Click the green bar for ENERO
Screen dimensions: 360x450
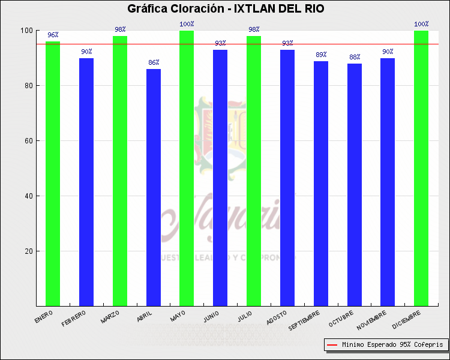tap(53, 173)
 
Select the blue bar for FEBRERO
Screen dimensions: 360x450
tap(86, 182)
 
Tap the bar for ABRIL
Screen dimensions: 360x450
tap(154, 187)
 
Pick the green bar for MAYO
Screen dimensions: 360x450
tap(187, 168)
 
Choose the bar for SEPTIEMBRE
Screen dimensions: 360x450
tap(321, 183)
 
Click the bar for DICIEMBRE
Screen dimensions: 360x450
tap(421, 168)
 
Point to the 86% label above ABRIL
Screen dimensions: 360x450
tap(154, 62)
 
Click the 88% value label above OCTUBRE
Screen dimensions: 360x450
tap(355, 57)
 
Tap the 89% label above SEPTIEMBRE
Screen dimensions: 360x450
tap(321, 55)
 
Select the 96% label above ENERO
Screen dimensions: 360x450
tap(53, 35)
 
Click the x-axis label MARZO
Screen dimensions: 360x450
tap(110, 316)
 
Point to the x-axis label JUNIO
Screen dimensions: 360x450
tap(211, 316)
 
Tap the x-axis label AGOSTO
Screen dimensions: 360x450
tap(277, 317)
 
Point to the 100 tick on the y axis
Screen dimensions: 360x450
tap(26, 31)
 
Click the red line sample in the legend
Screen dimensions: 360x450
tap(332, 345)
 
